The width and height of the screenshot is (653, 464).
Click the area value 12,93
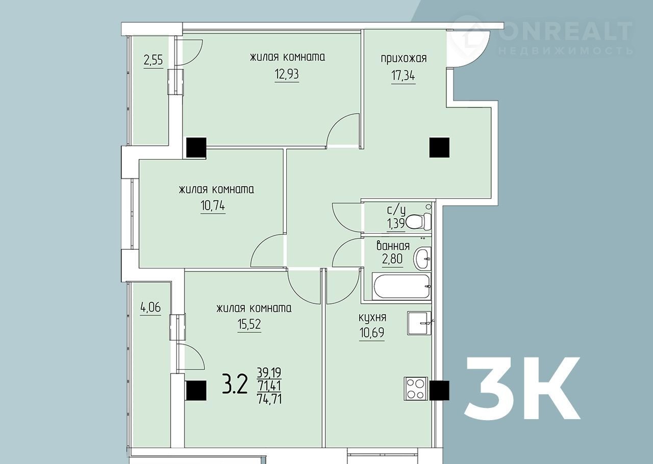[287, 74]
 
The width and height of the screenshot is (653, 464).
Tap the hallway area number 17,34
[403, 76]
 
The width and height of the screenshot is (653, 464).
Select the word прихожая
[404, 59]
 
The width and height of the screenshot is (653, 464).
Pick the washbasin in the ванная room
[422, 258]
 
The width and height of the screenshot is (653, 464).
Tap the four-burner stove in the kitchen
[416, 389]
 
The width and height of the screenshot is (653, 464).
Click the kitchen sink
[419, 323]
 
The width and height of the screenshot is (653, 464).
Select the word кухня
[372, 317]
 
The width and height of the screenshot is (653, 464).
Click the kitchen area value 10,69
[372, 332]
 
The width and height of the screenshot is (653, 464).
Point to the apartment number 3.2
[235, 384]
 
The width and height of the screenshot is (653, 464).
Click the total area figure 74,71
[269, 398]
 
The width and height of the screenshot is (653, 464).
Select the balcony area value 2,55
[154, 61]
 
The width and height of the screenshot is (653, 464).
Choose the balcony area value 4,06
[150, 307]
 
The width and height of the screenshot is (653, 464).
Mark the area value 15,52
[249, 324]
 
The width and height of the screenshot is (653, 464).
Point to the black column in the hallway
[439, 147]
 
